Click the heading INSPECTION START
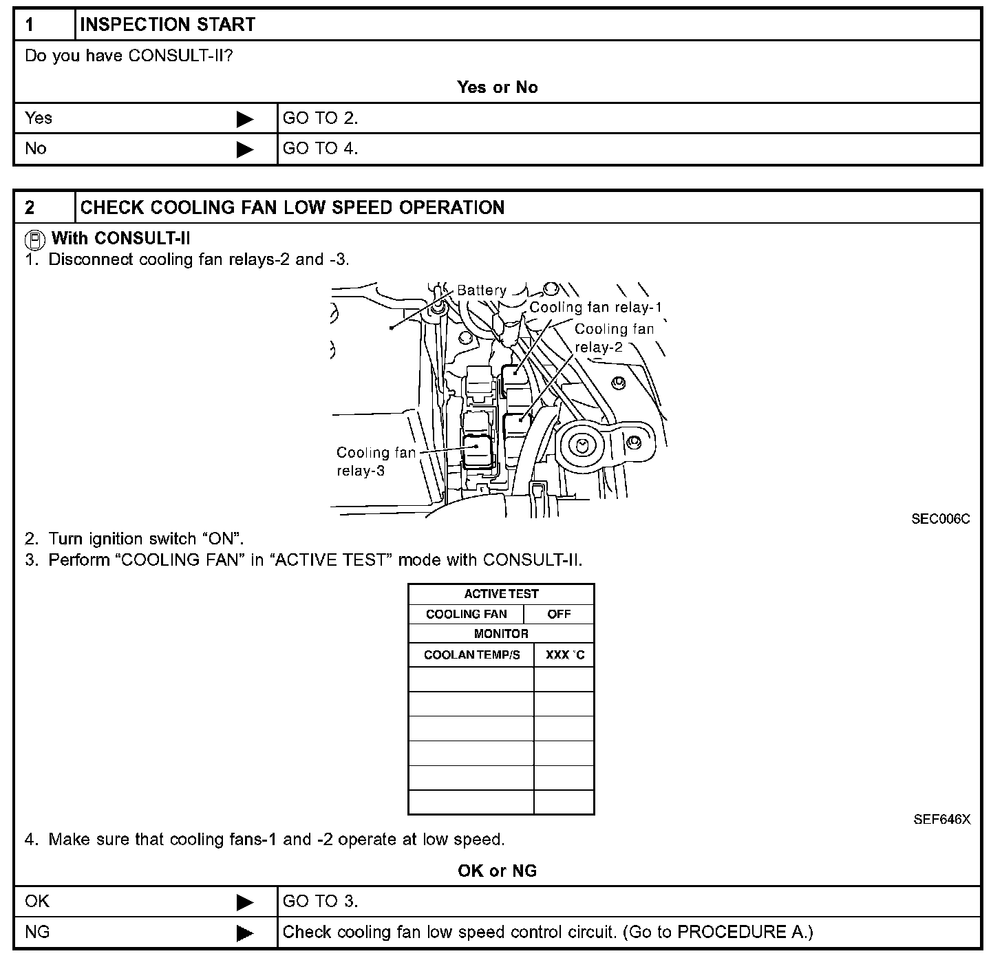[167, 25]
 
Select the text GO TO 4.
[320, 149]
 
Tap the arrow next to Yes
[244, 119]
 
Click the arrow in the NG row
[244, 933]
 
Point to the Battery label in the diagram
[481, 290]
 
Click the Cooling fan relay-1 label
[595, 308]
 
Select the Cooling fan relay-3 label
[375, 462]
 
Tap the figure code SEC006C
[940, 519]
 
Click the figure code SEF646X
[941, 820]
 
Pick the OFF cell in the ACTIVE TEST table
[559, 614]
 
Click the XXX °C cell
[564, 655]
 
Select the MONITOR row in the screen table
[501, 634]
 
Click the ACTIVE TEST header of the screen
[501, 594]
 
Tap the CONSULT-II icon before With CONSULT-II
[36, 239]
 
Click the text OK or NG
[497, 871]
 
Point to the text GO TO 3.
[320, 902]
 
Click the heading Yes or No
[497, 87]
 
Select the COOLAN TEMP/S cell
[471, 655]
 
